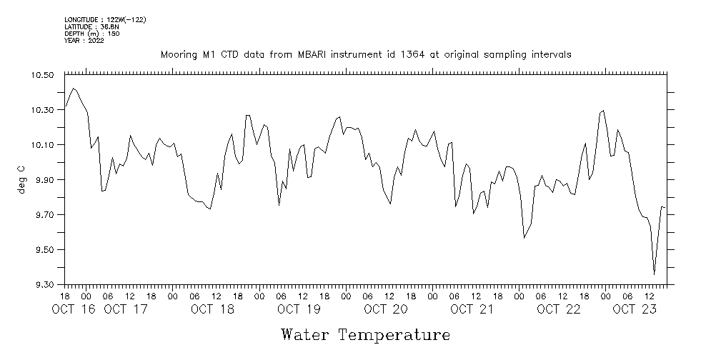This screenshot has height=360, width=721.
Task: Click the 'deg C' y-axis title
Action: [21, 180]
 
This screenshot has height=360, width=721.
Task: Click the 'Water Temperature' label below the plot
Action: [365, 334]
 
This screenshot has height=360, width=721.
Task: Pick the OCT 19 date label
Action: [299, 309]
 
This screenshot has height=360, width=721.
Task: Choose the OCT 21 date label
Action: [472, 309]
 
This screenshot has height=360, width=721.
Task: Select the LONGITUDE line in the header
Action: [105, 19]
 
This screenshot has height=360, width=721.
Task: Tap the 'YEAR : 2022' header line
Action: [84, 41]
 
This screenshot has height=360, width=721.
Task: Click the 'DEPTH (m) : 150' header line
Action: [91, 34]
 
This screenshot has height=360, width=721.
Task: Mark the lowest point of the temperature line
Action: [654, 274]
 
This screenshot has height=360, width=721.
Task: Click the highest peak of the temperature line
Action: [74, 89]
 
